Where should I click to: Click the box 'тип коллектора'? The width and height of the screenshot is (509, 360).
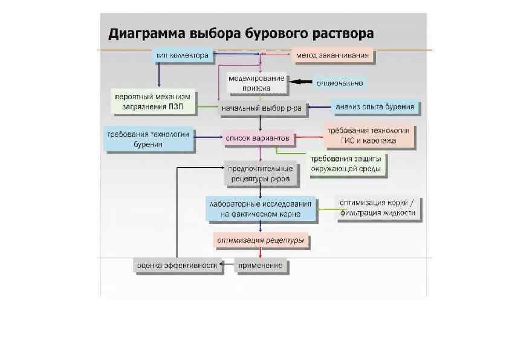182,56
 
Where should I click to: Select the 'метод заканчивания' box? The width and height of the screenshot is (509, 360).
333,56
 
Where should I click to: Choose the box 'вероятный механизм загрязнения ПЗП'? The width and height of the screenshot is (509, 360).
152,102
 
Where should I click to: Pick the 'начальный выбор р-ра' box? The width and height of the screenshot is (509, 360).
261,108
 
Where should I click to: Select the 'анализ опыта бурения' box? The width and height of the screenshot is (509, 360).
375,108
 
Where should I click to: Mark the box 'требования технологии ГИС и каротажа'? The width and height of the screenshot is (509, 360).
368,136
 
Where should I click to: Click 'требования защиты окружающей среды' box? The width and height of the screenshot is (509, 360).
346,164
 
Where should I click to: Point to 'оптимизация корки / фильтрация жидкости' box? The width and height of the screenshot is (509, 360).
377,208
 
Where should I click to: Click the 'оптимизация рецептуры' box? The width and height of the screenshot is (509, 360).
261,240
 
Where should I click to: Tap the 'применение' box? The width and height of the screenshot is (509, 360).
261,266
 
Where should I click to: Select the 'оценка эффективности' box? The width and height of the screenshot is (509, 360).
176,266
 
